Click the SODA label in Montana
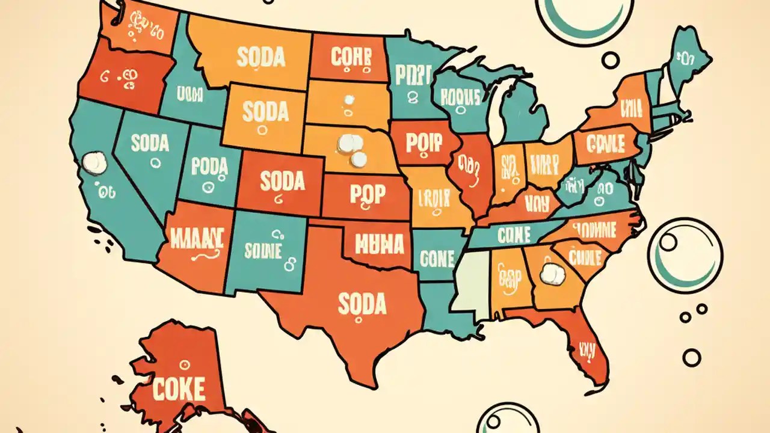[260, 58]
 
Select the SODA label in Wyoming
[265, 112]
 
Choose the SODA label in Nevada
[150, 143]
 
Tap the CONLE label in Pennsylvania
[606, 143]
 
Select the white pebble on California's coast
[93, 162]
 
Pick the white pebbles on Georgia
[552, 275]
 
